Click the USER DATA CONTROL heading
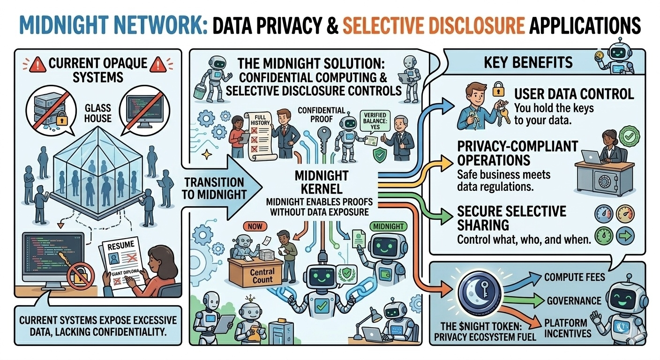(574, 94)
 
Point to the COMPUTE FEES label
(574, 277)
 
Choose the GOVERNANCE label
(574, 300)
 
